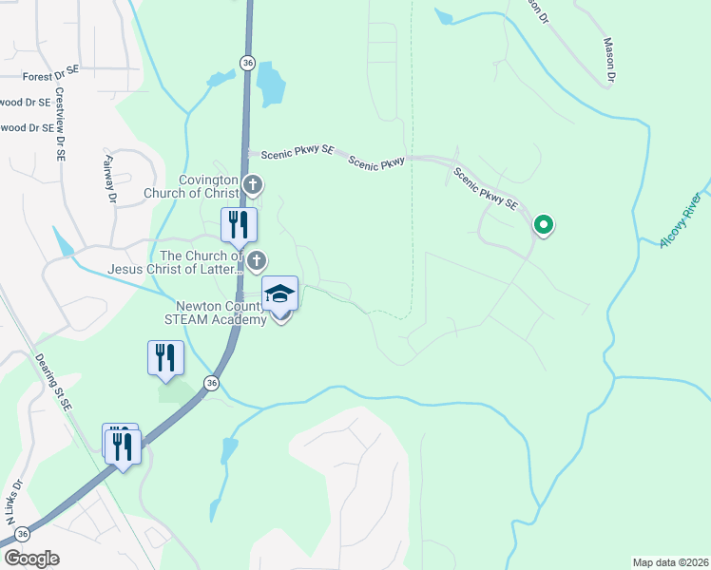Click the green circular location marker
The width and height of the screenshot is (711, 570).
pos(544,225)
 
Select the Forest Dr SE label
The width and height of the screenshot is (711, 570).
pos(51,75)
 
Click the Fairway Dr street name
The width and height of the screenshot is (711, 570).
pos(110,180)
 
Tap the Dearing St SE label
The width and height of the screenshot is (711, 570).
pos(53,380)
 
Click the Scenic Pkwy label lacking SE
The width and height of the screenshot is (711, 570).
pos(376,162)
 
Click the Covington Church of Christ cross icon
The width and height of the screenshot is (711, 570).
pos(252,184)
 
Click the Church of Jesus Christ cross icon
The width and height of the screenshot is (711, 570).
pos(257,259)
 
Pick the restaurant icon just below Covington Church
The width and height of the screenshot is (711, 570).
pos(239,224)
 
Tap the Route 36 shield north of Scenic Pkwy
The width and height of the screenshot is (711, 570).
pos(247,62)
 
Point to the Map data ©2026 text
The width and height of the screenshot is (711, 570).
pos(671,562)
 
